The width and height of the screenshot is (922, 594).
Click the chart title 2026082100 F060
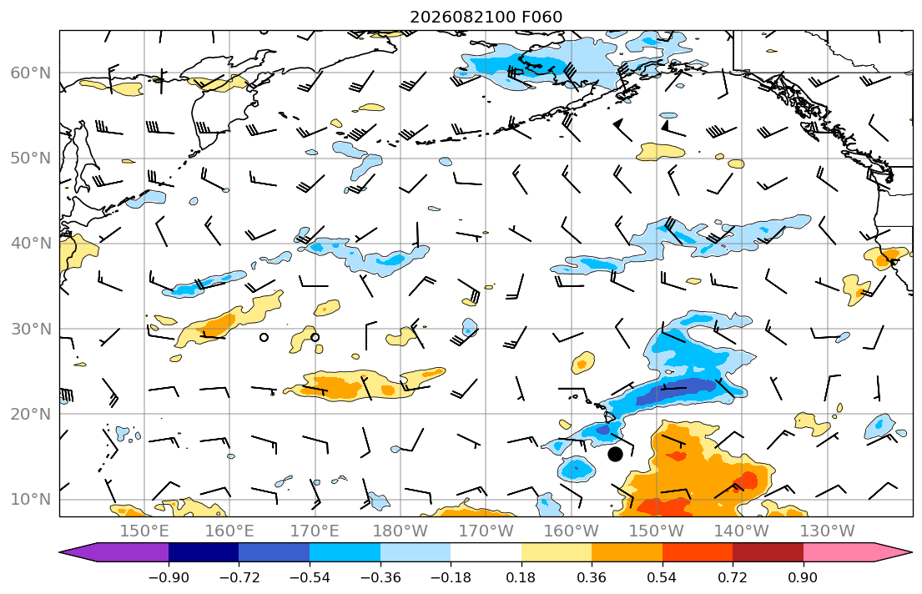[486, 17]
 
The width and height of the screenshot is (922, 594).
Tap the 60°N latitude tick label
[31, 73]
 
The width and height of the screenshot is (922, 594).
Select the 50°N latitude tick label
[31, 159]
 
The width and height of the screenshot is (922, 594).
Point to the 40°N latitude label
[31, 244]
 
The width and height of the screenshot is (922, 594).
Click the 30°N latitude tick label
[31, 329]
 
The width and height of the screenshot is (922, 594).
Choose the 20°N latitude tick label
[31, 414]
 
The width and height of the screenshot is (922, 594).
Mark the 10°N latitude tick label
[31, 500]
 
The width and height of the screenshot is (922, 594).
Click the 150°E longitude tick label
[144, 531]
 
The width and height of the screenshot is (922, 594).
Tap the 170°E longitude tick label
[315, 531]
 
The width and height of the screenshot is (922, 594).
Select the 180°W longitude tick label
[401, 531]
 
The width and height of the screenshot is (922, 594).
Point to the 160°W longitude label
[571, 531]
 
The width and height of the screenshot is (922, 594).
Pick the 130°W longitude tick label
[828, 531]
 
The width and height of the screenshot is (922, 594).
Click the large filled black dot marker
[615, 454]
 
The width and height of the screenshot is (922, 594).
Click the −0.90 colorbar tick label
[169, 577]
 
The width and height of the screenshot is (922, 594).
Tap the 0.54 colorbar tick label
[663, 577]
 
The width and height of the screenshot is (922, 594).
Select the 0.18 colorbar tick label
[521, 577]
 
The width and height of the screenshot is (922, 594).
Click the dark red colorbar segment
[768, 552]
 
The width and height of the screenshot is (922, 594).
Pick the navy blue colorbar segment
[204, 552]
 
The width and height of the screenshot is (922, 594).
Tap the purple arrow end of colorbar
[114, 552]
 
